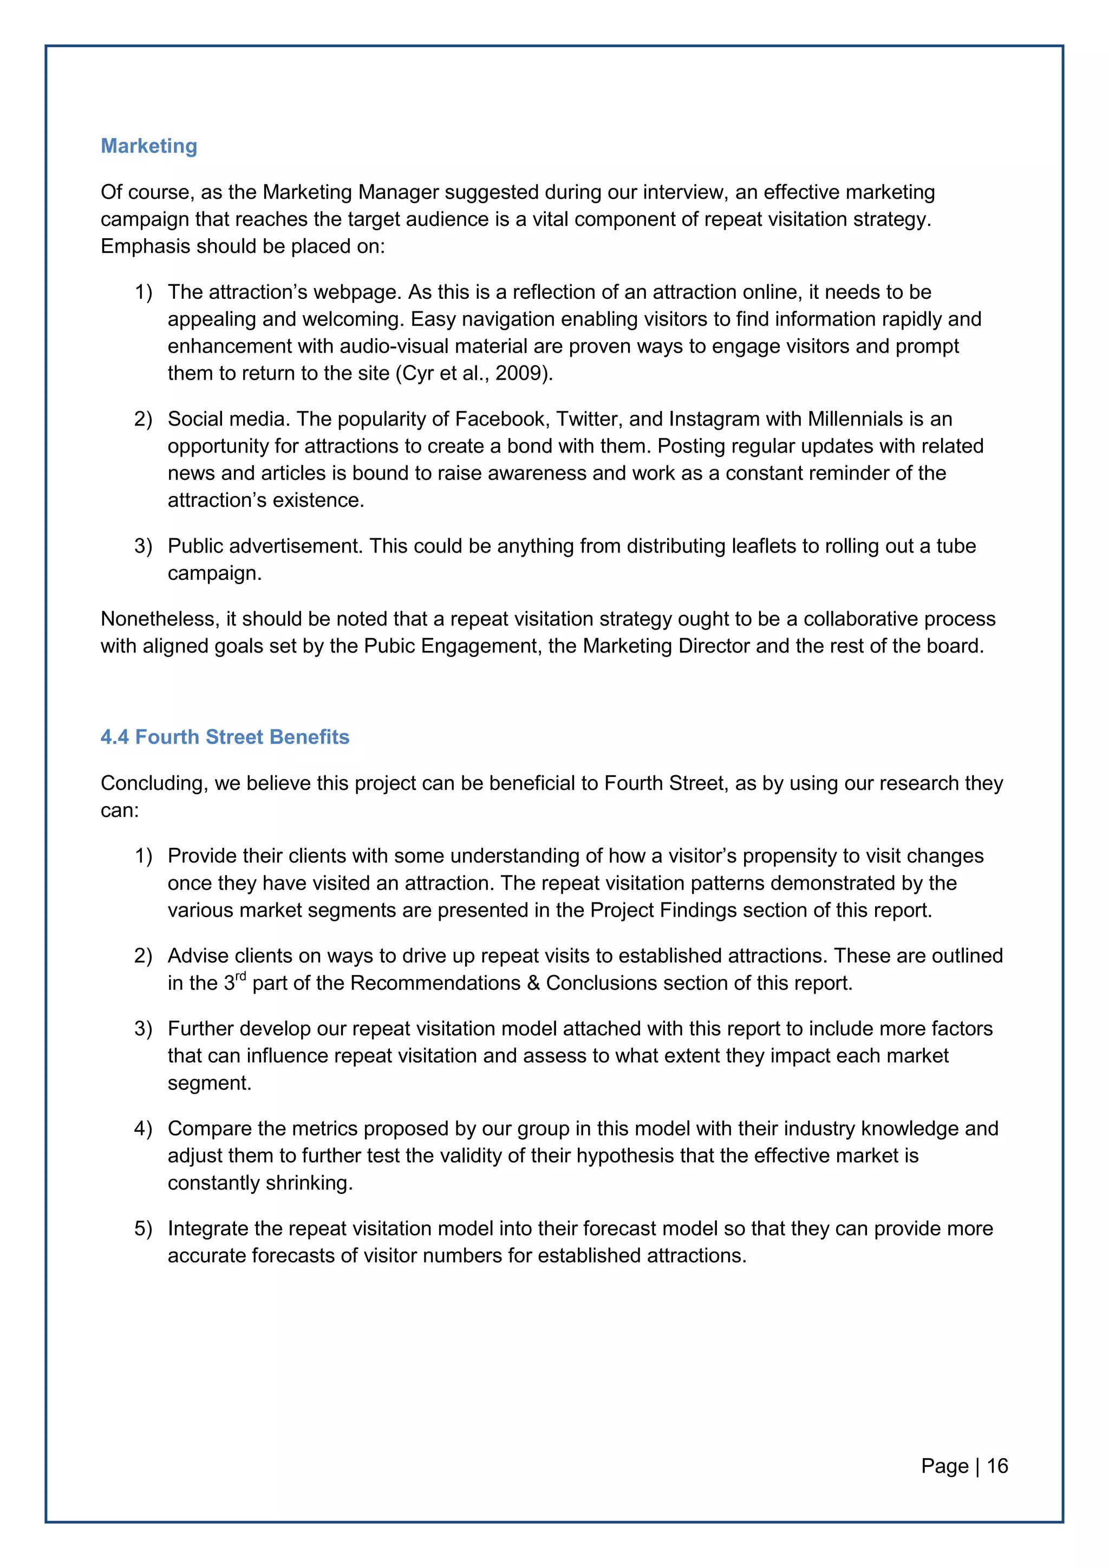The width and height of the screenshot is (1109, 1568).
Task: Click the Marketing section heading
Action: (149, 146)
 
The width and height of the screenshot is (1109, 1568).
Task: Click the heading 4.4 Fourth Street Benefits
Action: (225, 737)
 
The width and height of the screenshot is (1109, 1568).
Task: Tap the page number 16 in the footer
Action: (997, 1466)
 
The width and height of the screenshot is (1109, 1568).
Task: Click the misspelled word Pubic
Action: (389, 646)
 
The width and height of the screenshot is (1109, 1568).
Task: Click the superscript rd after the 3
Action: (240, 977)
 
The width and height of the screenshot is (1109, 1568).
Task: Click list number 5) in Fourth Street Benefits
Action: (143, 1229)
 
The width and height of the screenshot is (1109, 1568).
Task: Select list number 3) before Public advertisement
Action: (143, 546)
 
